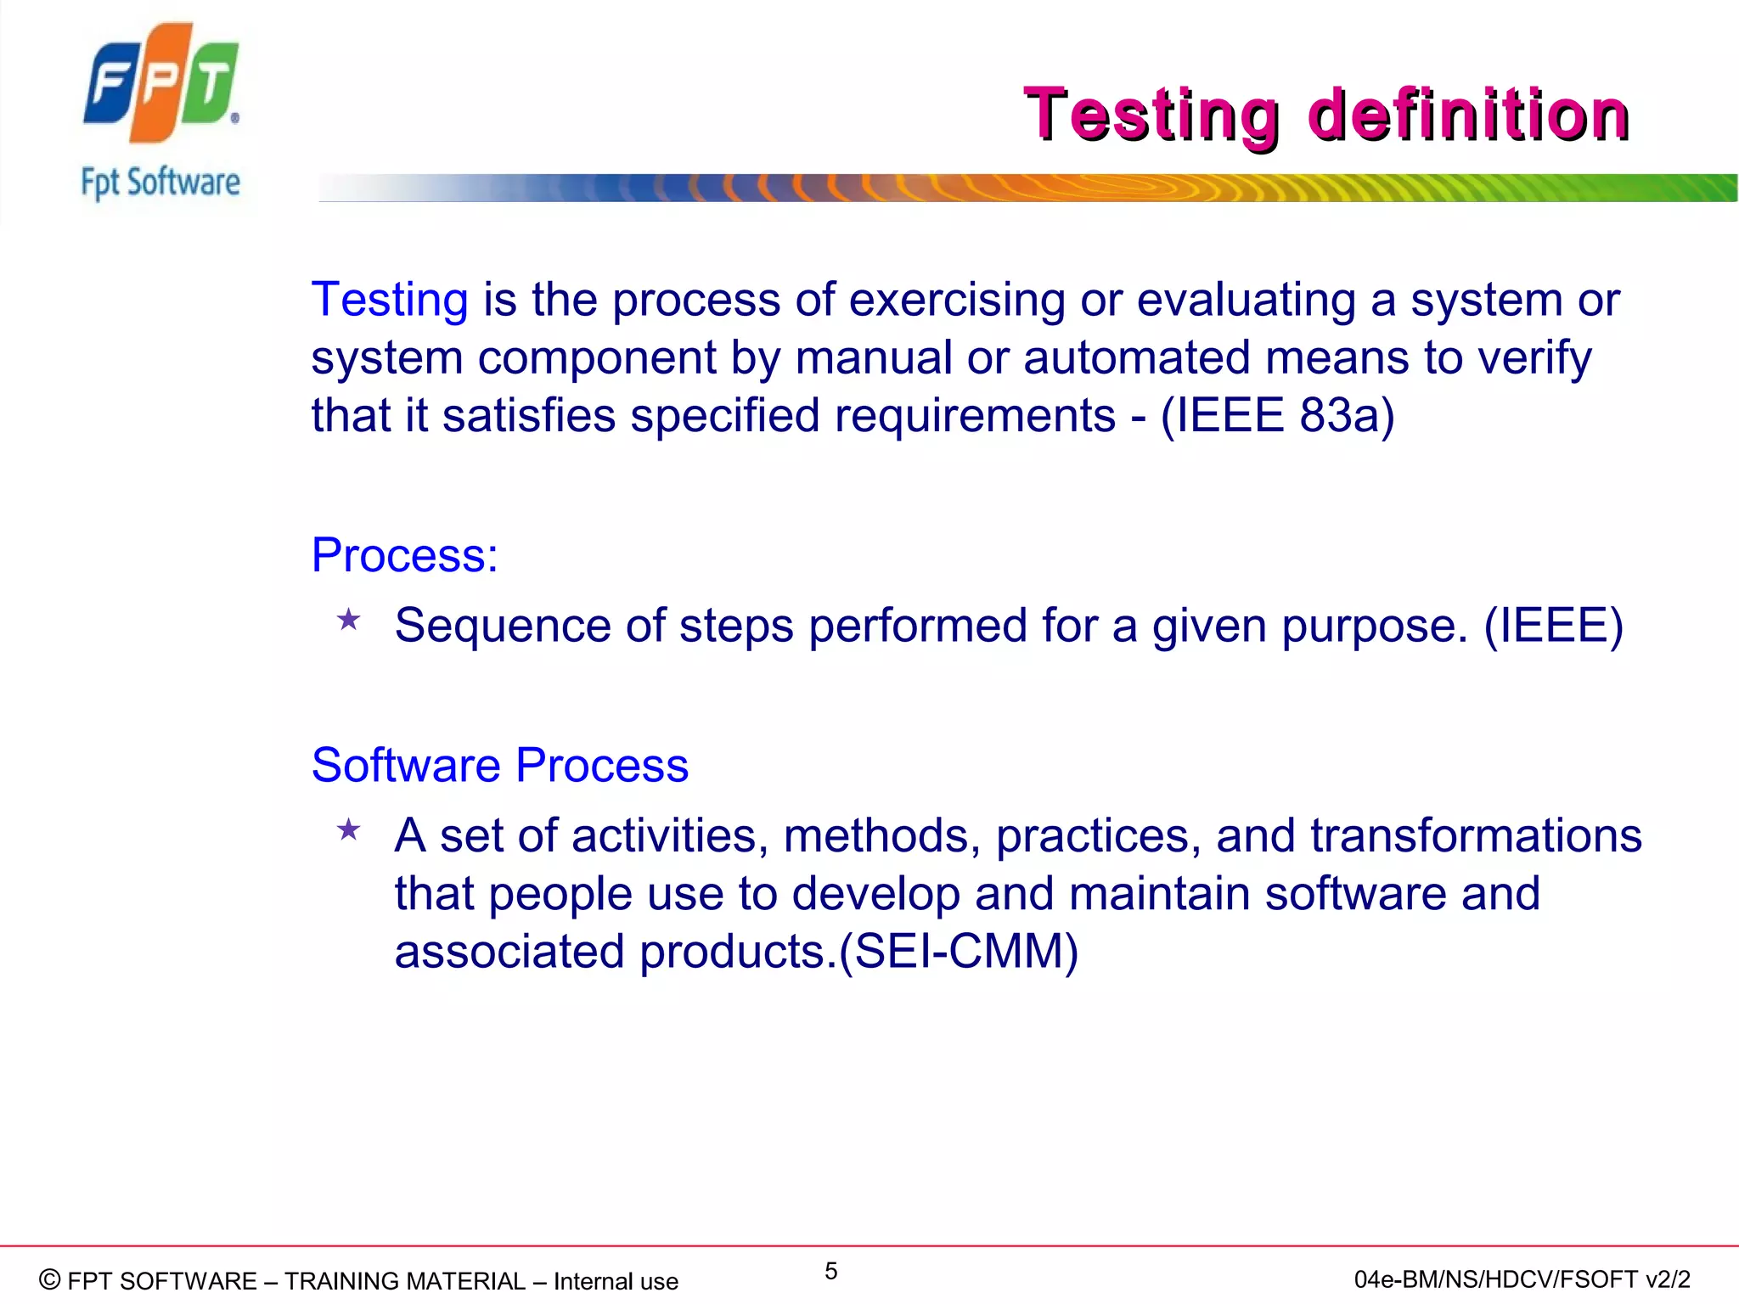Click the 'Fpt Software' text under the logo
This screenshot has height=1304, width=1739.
160,183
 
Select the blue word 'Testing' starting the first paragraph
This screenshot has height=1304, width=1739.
390,300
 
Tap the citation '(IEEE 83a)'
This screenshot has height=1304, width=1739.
1277,416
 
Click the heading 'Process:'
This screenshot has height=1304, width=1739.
404,555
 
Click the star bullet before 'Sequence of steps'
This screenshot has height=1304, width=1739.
349,620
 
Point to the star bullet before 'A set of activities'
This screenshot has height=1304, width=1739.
349,829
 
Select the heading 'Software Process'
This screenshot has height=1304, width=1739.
499,765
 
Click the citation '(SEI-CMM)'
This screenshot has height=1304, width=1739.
959,951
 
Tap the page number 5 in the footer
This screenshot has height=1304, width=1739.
830,1271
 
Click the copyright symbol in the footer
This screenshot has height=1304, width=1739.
50,1279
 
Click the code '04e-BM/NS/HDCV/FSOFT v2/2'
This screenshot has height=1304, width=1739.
1522,1279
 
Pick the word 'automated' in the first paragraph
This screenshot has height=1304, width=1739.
1136,357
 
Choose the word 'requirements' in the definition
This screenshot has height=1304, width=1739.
975,416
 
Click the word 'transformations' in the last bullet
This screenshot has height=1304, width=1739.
1476,835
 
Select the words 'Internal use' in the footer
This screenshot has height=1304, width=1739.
616,1281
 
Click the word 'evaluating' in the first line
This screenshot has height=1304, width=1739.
1246,300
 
